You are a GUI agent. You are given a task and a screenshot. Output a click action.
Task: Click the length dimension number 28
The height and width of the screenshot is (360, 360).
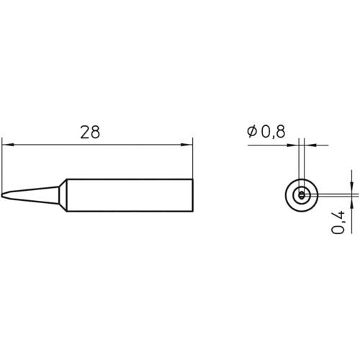point(89,132)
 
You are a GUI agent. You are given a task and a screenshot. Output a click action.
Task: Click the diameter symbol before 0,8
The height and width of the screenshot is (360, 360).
point(252,132)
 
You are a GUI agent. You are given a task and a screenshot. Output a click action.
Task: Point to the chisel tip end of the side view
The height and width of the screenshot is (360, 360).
point(4,194)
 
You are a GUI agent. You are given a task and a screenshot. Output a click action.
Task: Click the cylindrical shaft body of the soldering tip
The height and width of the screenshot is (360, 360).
point(130,194)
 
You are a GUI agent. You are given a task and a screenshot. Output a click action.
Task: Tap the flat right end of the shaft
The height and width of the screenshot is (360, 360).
point(193,194)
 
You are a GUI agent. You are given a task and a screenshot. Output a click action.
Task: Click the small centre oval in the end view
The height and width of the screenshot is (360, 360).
point(302,194)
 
